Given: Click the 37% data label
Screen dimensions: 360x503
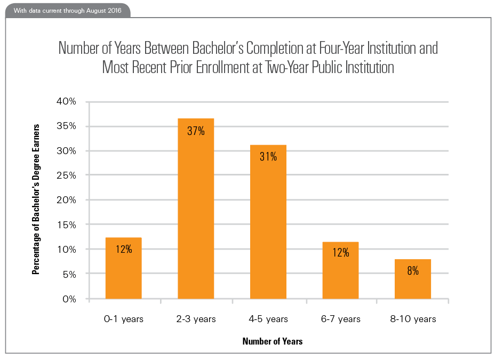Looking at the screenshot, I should [196, 131].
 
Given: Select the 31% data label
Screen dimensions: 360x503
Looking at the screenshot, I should [268, 157].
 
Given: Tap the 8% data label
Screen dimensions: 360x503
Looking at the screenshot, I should [412, 270].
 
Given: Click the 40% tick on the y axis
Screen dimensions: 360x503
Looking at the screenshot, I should [66, 102].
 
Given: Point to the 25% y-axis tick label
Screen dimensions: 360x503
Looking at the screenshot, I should [66, 175].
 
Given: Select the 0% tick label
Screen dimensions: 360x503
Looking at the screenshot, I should [69, 299].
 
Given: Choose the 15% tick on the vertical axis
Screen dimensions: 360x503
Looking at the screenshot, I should [66, 225].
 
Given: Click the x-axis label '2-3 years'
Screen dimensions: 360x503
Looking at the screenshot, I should [196, 319].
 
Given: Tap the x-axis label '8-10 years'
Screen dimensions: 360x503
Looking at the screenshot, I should [412, 319].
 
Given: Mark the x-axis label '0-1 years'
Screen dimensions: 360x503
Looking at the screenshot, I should [124, 319].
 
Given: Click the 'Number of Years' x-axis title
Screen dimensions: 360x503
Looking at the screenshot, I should [272, 341].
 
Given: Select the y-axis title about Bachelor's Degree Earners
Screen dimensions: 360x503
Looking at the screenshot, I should [37, 199].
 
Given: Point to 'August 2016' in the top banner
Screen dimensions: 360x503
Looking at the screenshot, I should [104, 10].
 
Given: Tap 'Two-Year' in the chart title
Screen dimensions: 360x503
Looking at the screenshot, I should [275, 68].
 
